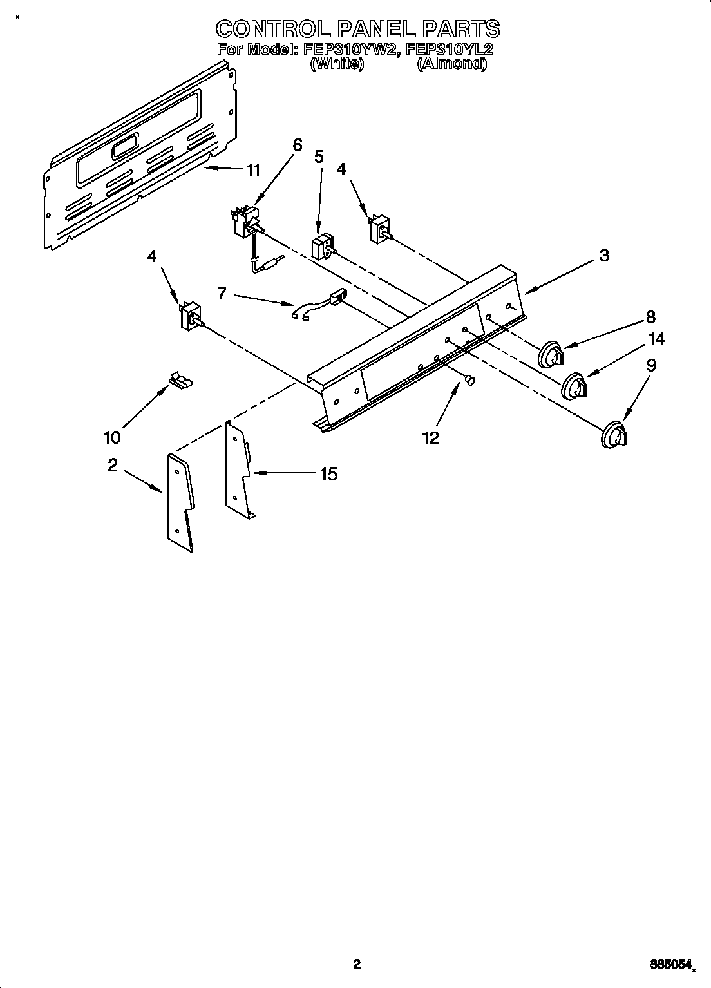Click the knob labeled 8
[x=551, y=354]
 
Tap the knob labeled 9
[x=614, y=434]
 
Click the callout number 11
[x=253, y=170]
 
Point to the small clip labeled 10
[x=180, y=381]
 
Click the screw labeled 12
[x=470, y=381]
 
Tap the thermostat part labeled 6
[x=245, y=222]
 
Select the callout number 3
[x=603, y=255]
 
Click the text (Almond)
[x=451, y=64]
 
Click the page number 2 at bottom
[x=356, y=964]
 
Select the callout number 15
[x=328, y=474]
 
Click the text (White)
[x=337, y=64]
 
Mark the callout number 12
[x=430, y=438]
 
